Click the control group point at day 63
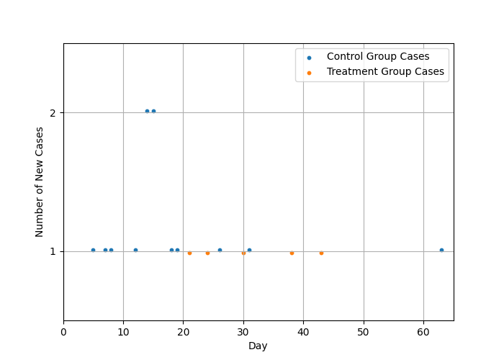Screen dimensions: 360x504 coord(441,250)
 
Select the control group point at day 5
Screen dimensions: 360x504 coord(93,250)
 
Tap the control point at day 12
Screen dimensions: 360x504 coord(135,250)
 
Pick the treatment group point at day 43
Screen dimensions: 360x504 coord(321,253)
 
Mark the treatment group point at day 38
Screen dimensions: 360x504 coord(292,253)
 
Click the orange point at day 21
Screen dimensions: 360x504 coord(189,253)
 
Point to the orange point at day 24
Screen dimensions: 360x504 coord(207,253)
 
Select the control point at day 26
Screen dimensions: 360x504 coord(220,250)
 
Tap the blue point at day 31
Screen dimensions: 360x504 coord(249,250)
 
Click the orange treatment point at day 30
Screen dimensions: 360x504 coord(243,253)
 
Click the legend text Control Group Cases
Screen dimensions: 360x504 coord(378,57)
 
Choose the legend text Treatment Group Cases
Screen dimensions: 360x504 coord(385,72)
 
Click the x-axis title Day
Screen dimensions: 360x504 coord(258,346)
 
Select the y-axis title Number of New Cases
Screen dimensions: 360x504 coord(40,181)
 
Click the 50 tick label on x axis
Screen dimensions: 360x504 coord(364,332)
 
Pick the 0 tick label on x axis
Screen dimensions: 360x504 coord(63,332)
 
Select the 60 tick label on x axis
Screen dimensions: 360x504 coord(423,332)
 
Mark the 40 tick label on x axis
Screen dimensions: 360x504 coord(303,332)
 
